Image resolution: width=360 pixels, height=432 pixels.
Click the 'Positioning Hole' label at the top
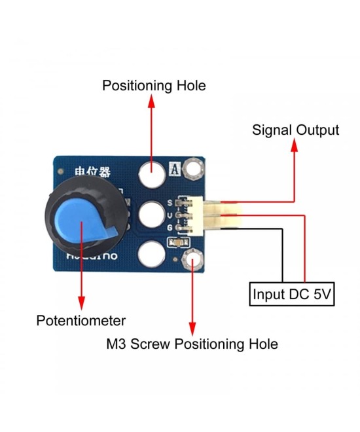pyautogui.click(x=154, y=86)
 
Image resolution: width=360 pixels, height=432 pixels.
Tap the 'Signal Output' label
pyautogui.click(x=295, y=130)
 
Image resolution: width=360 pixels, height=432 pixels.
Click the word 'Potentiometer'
pyautogui.click(x=81, y=321)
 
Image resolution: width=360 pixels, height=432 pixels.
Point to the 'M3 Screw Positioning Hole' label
pyautogui.click(x=192, y=344)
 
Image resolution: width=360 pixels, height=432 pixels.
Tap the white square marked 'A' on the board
pyautogui.click(x=175, y=168)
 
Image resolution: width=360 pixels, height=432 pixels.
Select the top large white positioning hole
pyautogui.click(x=151, y=174)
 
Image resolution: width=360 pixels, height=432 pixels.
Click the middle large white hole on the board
pyautogui.click(x=151, y=213)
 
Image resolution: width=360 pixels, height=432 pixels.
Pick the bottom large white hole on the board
pyautogui.click(x=151, y=253)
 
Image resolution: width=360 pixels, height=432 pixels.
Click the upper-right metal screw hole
pyautogui.click(x=193, y=171)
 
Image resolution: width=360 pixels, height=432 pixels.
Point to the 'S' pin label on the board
pyautogui.click(x=170, y=202)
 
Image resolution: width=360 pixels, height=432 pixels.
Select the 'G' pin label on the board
pyautogui.click(x=170, y=227)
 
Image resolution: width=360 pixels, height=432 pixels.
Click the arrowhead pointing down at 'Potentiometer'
pyautogui.click(x=81, y=302)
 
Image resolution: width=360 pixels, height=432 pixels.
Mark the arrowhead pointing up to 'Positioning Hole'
pyautogui.click(x=152, y=101)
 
